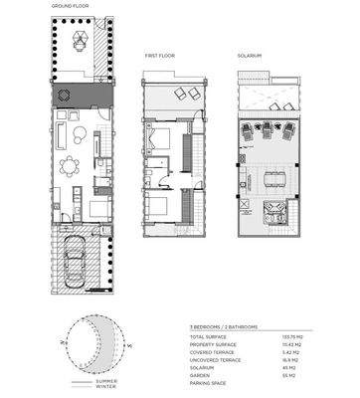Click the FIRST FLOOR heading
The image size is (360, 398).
point(159,57)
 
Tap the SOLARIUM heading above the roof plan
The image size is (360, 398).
point(250,57)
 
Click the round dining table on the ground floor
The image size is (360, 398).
point(70,165)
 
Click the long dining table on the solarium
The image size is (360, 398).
point(271,179)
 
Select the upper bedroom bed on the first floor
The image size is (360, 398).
point(159,137)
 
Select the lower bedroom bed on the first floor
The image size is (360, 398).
point(160,209)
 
